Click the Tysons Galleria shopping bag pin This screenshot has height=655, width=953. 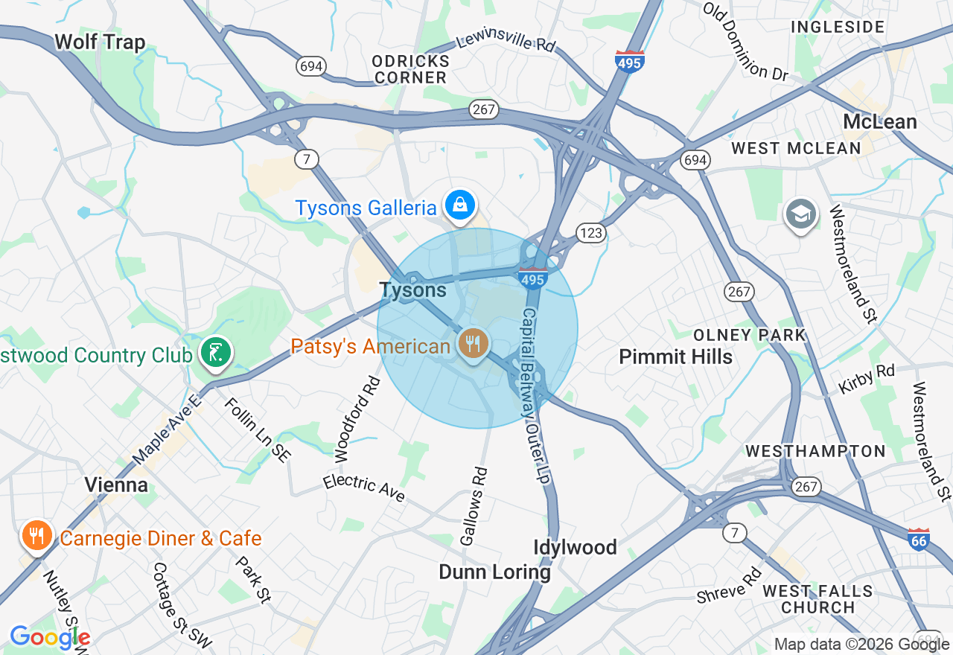tap(459, 205)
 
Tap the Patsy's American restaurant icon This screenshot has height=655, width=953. tap(473, 344)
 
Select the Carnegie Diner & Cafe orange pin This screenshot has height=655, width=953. tap(35, 535)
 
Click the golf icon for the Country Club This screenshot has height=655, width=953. tap(216, 352)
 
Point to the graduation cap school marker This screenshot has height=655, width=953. tap(800, 214)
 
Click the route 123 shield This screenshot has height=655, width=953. tap(591, 234)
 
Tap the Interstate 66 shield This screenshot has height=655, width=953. tap(919, 540)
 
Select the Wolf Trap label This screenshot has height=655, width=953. tap(100, 42)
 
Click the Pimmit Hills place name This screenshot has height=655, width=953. tap(675, 357)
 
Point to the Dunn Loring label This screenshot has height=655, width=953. tap(494, 572)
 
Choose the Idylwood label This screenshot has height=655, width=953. tap(575, 548)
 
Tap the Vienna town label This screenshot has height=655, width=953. tap(115, 485)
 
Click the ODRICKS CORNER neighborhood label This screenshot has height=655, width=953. tap(410, 69)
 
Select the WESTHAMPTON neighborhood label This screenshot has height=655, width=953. tap(815, 451)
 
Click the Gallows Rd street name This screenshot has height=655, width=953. tap(474, 506)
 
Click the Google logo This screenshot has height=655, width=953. tap(50, 637)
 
